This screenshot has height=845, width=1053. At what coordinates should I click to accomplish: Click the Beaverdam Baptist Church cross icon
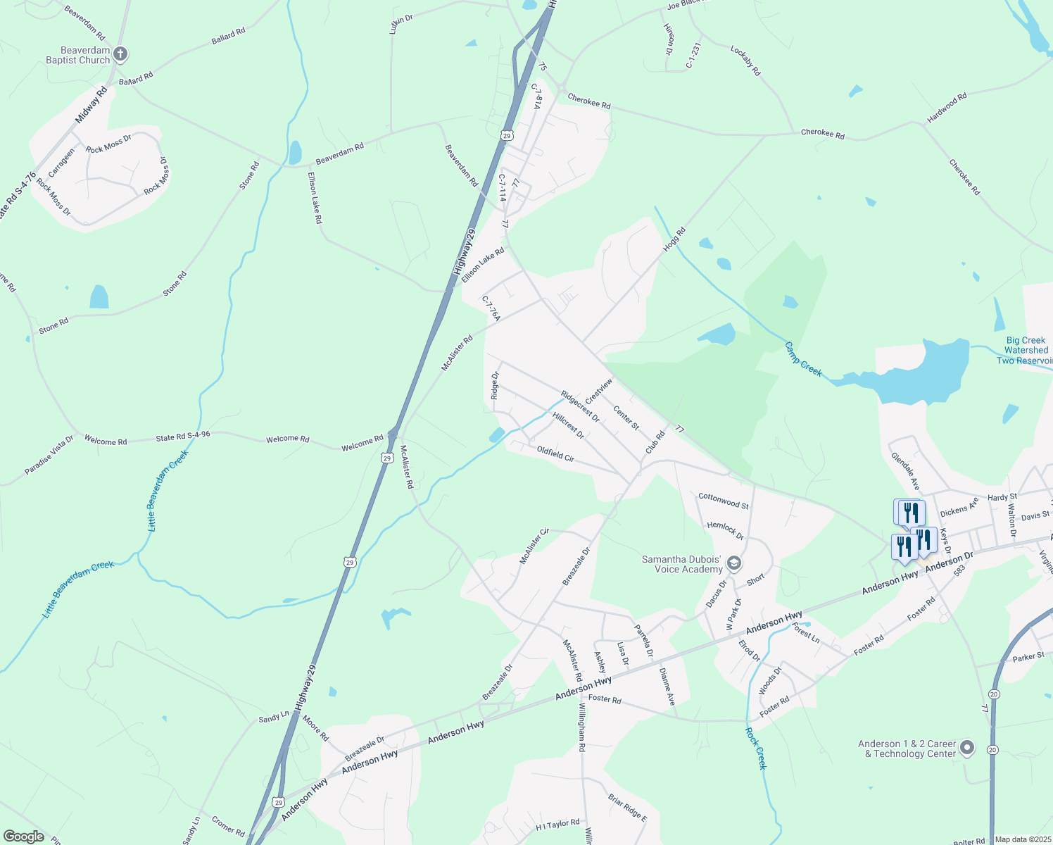[120, 54]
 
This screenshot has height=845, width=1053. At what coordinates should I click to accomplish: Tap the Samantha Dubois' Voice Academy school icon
[734, 563]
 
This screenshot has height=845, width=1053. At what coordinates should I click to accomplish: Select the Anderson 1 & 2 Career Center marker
[967, 747]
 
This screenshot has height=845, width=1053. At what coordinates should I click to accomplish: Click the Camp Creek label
[803, 358]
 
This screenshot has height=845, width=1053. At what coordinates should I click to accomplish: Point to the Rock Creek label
[756, 748]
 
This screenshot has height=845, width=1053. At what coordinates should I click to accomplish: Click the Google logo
[24, 837]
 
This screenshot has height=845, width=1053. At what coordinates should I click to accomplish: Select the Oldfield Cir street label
[555, 453]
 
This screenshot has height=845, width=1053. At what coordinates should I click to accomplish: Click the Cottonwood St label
[724, 501]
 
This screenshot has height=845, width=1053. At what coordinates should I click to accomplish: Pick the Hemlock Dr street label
[725, 530]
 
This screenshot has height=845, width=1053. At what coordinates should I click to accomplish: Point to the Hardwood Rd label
[947, 108]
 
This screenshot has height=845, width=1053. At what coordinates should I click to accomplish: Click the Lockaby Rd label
[745, 61]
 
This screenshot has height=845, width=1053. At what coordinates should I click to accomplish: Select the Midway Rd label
[91, 105]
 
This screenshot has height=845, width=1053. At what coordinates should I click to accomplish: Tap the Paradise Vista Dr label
[49, 455]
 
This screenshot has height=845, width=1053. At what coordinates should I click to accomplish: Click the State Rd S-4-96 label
[183, 437]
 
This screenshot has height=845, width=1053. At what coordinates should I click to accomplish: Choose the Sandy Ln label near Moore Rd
[274, 717]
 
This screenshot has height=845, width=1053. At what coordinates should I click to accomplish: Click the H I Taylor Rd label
[557, 824]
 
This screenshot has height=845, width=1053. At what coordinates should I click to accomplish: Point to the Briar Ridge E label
[627, 807]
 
